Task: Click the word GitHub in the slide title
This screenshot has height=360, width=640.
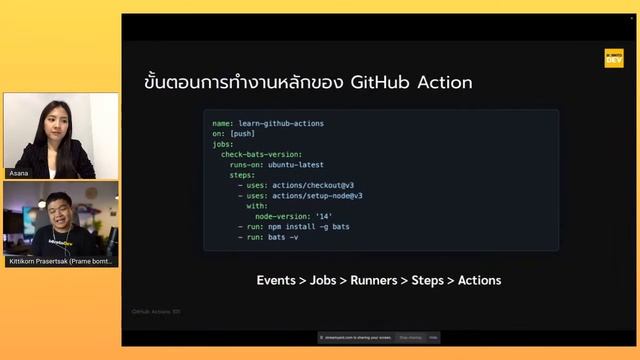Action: [384, 82]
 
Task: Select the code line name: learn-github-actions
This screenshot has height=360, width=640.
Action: [268, 124]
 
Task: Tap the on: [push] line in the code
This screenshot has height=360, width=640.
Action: [233, 134]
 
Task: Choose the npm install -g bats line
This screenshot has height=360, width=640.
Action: [298, 227]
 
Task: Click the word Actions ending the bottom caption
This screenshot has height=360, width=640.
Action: [480, 280]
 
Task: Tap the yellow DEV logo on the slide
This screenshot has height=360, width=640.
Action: [613, 58]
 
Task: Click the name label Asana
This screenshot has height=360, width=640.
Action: [20, 173]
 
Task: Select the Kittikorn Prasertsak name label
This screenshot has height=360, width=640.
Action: [61, 261]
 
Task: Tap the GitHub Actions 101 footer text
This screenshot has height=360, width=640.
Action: [155, 312]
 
